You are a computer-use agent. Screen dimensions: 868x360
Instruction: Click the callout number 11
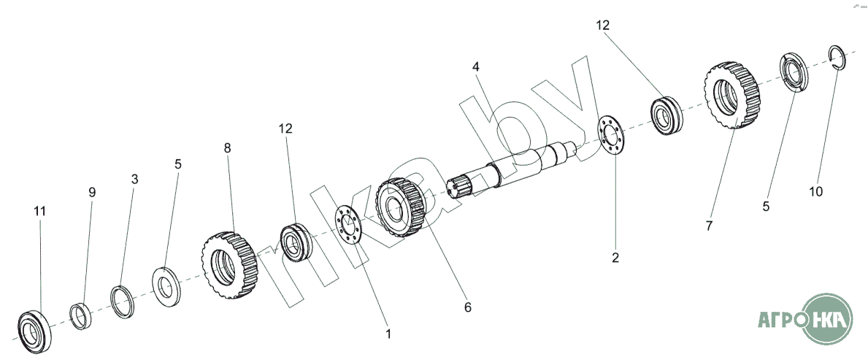pyautogui.click(x=40, y=212)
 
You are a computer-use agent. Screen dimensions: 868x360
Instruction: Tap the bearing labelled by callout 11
pyautogui.click(x=34, y=332)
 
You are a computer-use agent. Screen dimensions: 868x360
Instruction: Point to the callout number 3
pyautogui.click(x=134, y=180)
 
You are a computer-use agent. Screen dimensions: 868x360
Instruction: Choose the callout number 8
pyautogui.click(x=228, y=148)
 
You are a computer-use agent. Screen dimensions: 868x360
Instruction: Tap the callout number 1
pyautogui.click(x=388, y=334)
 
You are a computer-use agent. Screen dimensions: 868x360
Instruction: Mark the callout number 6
pyautogui.click(x=468, y=307)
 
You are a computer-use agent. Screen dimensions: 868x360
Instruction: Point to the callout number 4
pyautogui.click(x=475, y=67)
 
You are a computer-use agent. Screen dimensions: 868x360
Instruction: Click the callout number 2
pyautogui.click(x=615, y=258)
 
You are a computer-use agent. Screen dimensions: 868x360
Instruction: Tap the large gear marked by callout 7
pyautogui.click(x=733, y=95)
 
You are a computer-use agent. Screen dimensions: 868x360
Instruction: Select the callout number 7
pyautogui.click(x=709, y=226)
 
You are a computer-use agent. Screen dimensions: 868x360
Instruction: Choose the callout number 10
pyautogui.click(x=815, y=191)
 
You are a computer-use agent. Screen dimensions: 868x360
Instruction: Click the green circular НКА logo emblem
pyautogui.click(x=826, y=318)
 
